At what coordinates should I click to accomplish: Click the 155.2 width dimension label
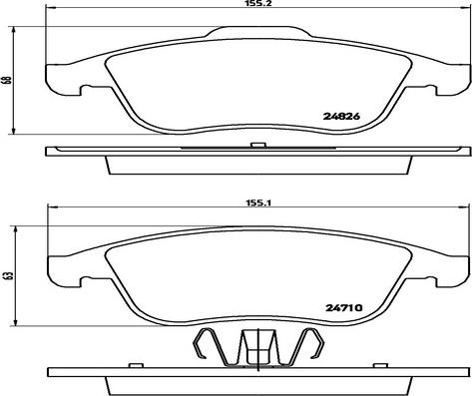tap(258, 3)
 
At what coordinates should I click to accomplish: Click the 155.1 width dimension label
tap(258, 202)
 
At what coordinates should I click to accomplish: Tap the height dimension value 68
tap(8, 80)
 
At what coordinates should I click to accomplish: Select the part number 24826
tap(341, 117)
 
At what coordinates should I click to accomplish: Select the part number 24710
tap(343, 308)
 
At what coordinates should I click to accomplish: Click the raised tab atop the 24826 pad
tap(258, 31)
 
